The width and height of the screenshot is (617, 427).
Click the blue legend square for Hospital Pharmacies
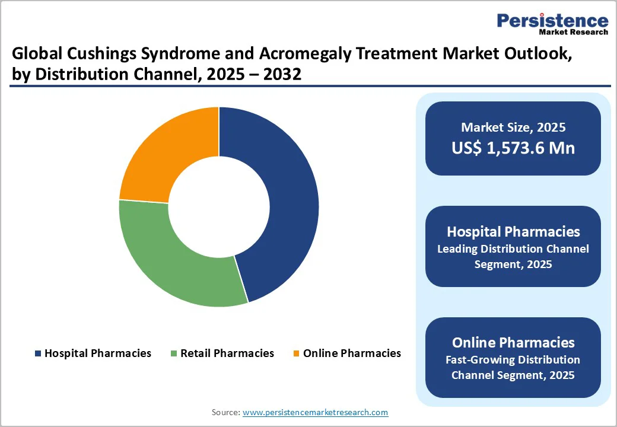tap(39, 353)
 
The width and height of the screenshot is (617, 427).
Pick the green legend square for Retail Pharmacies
tap(174, 353)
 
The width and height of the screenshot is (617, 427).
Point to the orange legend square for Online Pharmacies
tap(296, 353)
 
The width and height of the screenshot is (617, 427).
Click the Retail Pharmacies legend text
tap(227, 353)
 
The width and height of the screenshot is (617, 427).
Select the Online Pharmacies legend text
tap(352, 353)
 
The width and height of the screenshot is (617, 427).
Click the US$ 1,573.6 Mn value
tap(513, 148)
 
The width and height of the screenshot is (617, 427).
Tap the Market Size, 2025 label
tap(513, 127)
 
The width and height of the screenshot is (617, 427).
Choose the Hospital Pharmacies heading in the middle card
tap(513, 231)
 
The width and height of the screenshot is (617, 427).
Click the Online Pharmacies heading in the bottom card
tap(513, 342)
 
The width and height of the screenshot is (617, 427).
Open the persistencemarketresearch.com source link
tap(315, 412)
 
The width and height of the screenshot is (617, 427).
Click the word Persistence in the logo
tap(552, 21)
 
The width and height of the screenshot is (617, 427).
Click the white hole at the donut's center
tap(219, 206)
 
